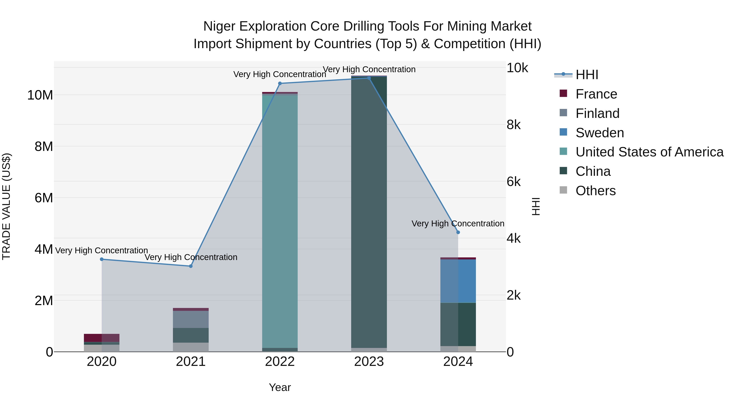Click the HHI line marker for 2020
(102, 259)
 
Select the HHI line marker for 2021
(191, 266)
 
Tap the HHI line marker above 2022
(280, 83)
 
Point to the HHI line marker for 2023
(369, 78)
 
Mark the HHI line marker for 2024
(458, 232)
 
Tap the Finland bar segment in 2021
(191, 319)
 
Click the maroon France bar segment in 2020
(93, 338)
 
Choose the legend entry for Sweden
(599, 133)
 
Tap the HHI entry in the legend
(586, 75)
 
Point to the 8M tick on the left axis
(44, 146)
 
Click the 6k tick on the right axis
(514, 182)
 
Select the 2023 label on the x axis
(369, 362)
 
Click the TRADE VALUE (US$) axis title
(7, 206)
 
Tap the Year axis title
(280, 387)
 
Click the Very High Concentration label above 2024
(458, 224)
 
